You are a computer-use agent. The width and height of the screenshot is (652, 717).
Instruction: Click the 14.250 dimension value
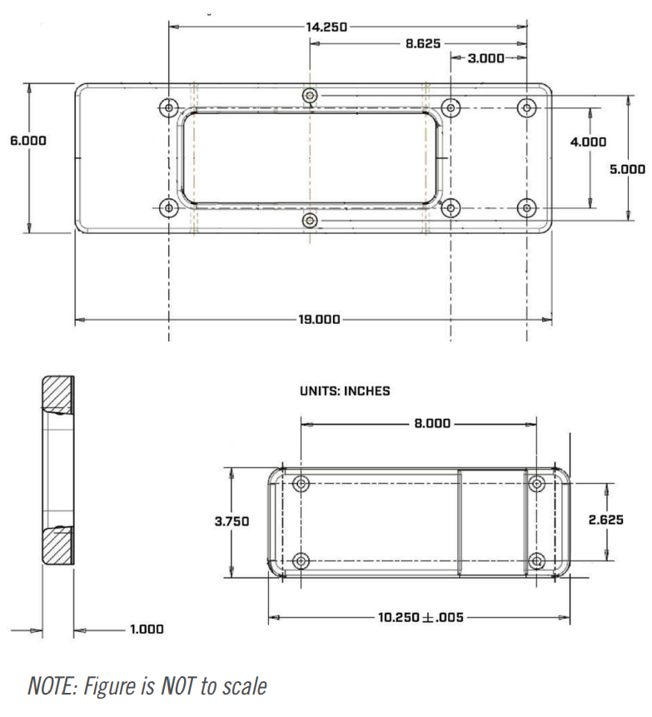(x=327, y=27)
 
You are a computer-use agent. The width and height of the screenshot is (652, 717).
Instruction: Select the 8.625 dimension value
(x=423, y=42)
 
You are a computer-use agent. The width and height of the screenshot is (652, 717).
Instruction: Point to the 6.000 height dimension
(x=28, y=141)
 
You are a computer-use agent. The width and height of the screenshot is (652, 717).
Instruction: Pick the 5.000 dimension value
(x=627, y=168)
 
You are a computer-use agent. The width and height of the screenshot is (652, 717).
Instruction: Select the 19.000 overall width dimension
(x=317, y=319)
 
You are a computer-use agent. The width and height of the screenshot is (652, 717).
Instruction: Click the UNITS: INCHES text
(x=344, y=391)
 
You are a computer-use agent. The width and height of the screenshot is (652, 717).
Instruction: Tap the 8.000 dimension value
(x=431, y=423)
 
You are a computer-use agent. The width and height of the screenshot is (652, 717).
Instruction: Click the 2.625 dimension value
(x=607, y=520)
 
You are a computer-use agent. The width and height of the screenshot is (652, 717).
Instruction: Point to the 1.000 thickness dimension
(x=146, y=630)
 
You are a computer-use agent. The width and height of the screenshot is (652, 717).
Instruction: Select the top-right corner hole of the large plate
(x=526, y=107)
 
